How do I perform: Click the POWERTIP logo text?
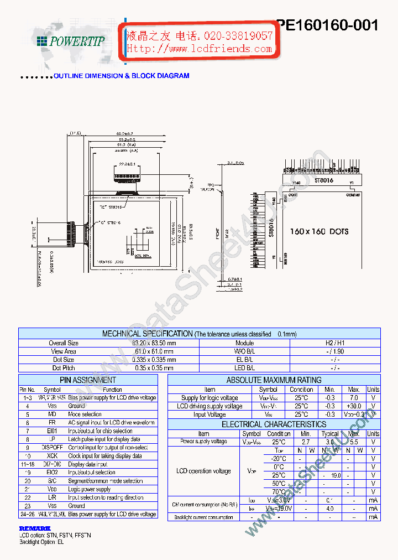coord(76,41)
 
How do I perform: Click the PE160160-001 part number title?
coord(328,25)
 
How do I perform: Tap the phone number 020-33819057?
coord(238,36)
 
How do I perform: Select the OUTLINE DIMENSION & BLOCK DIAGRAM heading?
coord(121,76)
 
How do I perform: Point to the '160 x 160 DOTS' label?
coord(320,231)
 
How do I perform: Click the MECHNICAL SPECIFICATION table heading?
coord(147,334)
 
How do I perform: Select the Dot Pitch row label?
coord(64,368)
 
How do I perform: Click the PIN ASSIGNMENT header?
coord(88,380)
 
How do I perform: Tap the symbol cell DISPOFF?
coord(52,448)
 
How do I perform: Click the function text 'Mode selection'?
coord(85,414)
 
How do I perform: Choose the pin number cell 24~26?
coord(28,514)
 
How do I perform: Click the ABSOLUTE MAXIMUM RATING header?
coord(274,380)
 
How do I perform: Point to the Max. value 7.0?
coord(354,398)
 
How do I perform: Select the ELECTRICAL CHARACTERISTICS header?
coord(274,424)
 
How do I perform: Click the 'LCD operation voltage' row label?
coord(203,471)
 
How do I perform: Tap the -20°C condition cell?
coord(279,459)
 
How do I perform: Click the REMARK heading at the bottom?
coord(34,528)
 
